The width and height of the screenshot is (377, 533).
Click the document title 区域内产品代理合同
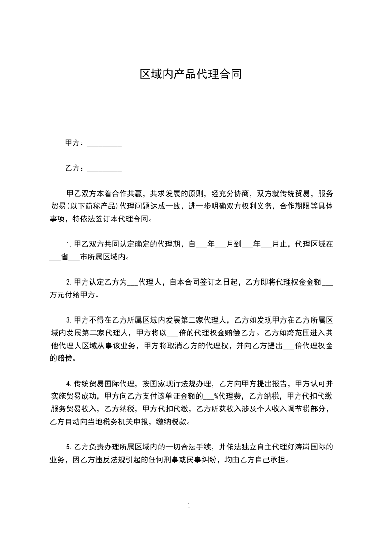tap(191, 75)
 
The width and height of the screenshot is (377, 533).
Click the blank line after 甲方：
tap(105, 144)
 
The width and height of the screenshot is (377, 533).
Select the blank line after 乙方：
tap(105, 169)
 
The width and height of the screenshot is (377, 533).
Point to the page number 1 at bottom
tap(189, 506)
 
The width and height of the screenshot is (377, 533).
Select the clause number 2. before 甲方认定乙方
tap(68, 282)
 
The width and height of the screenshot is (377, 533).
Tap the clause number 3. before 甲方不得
tap(68, 319)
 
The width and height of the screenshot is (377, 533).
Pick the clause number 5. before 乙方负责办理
tap(68, 447)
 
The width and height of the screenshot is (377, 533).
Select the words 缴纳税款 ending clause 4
tap(175, 421)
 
